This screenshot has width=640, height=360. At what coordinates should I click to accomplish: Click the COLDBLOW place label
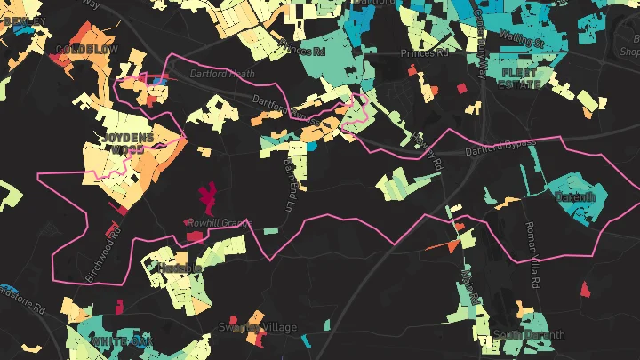(x=86, y=50)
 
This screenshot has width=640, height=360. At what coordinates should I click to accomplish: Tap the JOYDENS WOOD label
(x=126, y=143)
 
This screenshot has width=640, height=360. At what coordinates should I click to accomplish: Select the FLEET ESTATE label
(x=521, y=78)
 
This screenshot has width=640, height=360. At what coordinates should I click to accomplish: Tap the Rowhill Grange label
(x=220, y=224)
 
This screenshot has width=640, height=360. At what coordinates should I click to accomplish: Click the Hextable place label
(x=180, y=268)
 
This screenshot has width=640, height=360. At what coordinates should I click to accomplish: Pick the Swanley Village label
(x=258, y=327)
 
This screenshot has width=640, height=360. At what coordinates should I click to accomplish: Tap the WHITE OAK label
(x=121, y=341)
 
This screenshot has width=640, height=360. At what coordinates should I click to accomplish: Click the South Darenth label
(x=529, y=335)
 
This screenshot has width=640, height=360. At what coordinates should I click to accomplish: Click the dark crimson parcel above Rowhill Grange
(x=210, y=196)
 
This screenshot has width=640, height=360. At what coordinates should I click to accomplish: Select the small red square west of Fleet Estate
(x=461, y=88)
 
